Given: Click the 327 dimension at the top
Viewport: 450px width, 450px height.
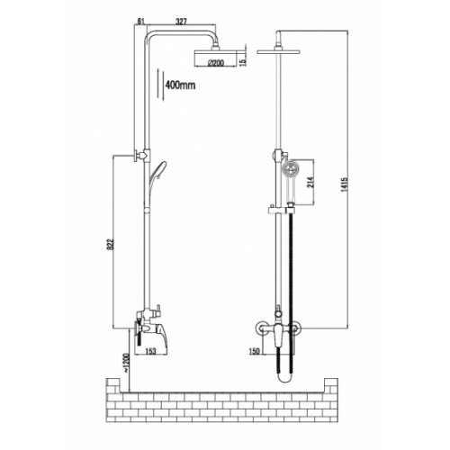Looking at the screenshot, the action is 181,22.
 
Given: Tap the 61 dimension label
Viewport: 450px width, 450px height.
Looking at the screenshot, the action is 141,22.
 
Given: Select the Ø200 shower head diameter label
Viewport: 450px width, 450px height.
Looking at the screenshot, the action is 216,63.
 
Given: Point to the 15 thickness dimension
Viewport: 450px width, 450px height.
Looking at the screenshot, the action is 243,61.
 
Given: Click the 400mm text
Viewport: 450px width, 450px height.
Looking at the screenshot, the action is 180,85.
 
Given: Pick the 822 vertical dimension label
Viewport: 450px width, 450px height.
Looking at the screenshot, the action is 111,244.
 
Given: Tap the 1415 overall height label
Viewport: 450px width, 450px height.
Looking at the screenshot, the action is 345,184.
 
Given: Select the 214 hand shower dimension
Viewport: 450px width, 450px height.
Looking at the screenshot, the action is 310,182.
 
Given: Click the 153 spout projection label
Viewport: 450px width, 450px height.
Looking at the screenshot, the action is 150,351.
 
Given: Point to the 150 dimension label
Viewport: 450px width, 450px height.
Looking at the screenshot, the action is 254,351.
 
